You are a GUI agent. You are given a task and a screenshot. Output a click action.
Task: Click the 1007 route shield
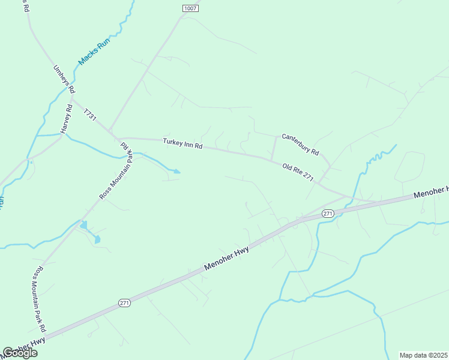click(x=190, y=8)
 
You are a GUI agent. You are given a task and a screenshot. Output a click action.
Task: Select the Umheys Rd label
click(x=64, y=79)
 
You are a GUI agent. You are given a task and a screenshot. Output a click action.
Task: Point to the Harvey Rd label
click(x=66, y=119)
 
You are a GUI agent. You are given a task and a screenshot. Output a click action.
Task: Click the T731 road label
click(x=90, y=115)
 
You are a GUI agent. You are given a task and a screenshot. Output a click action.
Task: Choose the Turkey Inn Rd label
click(x=183, y=144)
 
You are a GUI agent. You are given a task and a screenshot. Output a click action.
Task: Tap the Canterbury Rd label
click(x=300, y=143)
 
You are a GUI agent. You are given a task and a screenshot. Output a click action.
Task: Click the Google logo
click(x=20, y=353)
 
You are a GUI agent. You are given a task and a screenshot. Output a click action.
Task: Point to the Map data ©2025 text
click(x=423, y=355)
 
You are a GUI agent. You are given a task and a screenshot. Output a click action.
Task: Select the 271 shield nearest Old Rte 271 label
click(x=327, y=214)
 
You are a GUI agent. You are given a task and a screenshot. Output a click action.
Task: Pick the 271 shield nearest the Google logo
click(x=124, y=303)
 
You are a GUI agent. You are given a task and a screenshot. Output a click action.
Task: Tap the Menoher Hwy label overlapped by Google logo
click(x=24, y=349)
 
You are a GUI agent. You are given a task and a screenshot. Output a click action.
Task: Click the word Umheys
click(x=61, y=74)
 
